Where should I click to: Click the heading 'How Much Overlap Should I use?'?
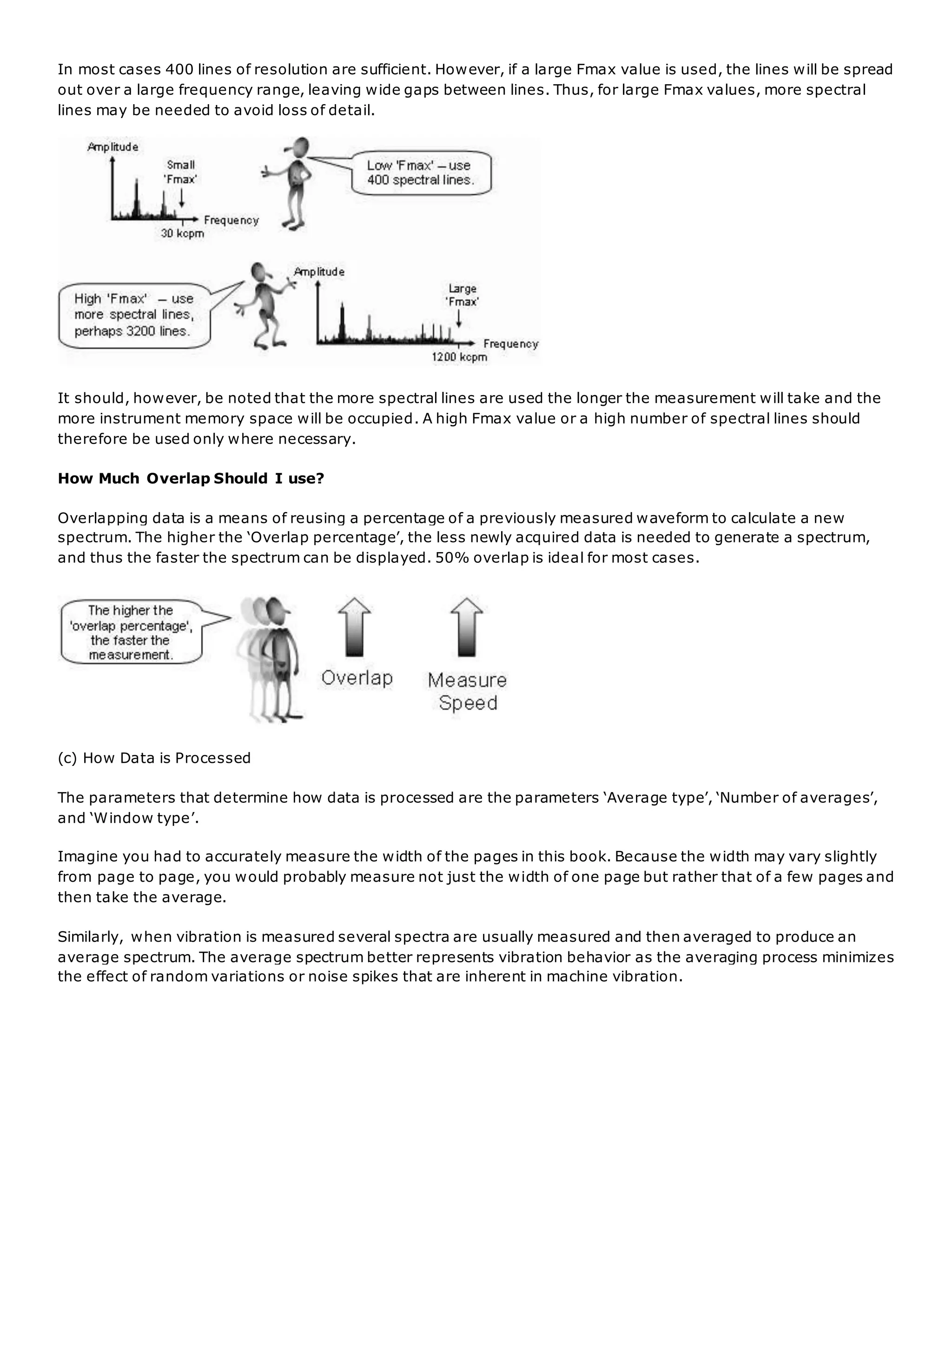(x=191, y=479)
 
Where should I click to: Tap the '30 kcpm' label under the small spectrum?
(x=182, y=233)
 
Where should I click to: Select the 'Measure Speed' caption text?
(x=467, y=691)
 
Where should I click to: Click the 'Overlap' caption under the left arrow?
(x=357, y=678)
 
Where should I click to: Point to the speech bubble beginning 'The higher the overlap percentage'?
(x=131, y=633)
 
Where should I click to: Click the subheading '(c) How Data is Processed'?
(x=154, y=758)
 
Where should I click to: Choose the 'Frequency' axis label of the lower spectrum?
(x=510, y=344)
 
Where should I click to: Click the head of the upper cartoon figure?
(x=301, y=146)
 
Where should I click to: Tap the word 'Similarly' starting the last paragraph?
(x=89, y=937)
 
